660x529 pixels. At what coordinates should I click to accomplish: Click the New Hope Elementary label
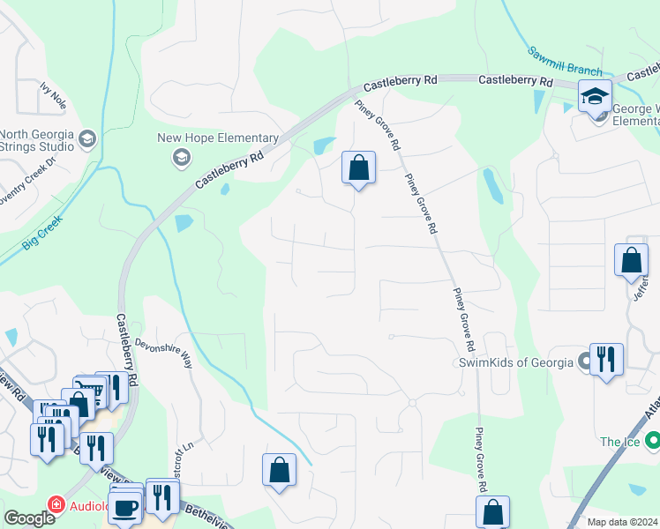click(218, 138)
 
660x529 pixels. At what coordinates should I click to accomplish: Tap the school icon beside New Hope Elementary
click(181, 158)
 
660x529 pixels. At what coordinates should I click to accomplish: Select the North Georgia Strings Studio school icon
click(86, 138)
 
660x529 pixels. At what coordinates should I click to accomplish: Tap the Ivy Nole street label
click(53, 94)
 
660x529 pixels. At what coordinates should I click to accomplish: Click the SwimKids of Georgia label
click(514, 362)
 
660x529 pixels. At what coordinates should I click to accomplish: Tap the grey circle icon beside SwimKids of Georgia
click(583, 361)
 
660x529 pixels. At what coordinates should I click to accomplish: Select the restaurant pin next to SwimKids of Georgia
click(606, 360)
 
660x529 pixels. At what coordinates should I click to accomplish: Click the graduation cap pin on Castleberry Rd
click(596, 96)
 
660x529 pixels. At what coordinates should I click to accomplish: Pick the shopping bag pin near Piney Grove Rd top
click(358, 168)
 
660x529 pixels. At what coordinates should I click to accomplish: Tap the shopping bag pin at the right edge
click(631, 261)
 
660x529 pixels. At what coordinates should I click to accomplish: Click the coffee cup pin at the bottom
click(126, 508)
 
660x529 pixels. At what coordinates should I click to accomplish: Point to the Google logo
click(29, 518)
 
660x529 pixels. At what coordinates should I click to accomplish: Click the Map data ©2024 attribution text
click(623, 522)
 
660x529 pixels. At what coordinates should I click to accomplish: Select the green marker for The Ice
click(653, 441)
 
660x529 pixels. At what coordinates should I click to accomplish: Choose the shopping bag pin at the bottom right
click(492, 512)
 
